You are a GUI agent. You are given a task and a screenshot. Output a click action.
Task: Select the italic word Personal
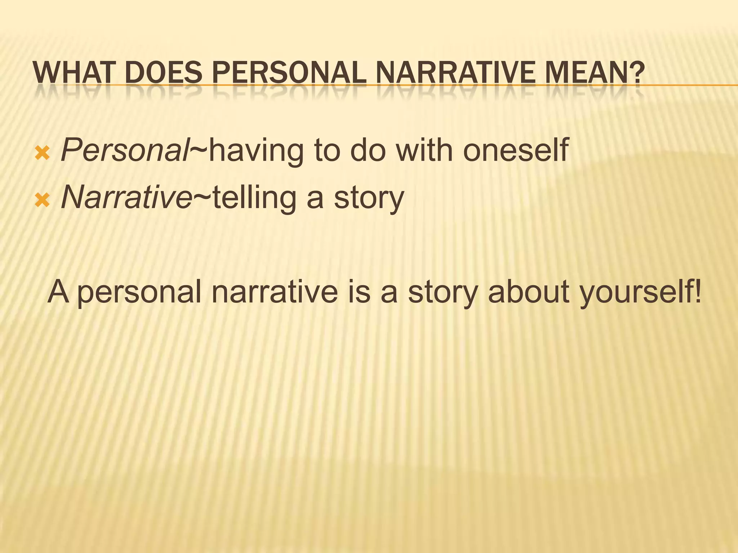point(124,150)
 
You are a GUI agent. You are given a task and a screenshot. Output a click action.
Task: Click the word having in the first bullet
point(256,150)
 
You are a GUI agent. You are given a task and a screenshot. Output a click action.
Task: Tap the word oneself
point(515,150)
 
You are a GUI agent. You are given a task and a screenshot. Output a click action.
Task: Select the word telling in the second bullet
point(254,198)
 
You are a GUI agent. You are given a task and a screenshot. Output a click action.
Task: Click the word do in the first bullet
point(368,150)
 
